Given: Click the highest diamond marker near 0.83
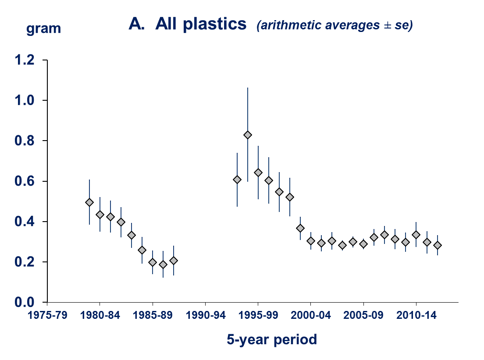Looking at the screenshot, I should tap(248, 135).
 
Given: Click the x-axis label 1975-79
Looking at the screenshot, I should tap(47, 315).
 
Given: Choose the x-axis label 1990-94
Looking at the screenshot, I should tap(205, 315).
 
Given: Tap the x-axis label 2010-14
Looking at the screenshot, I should tap(416, 315).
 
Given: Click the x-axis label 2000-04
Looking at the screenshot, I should tap(310, 315).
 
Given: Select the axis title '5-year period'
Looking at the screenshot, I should tap(272, 339).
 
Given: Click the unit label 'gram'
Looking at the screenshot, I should tap(43, 29).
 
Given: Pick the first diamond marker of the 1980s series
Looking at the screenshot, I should tap(89, 202).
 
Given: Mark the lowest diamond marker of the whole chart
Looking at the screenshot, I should tap(163, 265).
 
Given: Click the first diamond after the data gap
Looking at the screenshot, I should tap(237, 180).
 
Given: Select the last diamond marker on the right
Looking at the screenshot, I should tap(438, 245).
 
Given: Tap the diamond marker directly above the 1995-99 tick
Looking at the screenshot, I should tap(258, 172).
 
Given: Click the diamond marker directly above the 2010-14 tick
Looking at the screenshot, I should tap(416, 235).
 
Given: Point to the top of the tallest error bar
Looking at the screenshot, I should tap(248, 88).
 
